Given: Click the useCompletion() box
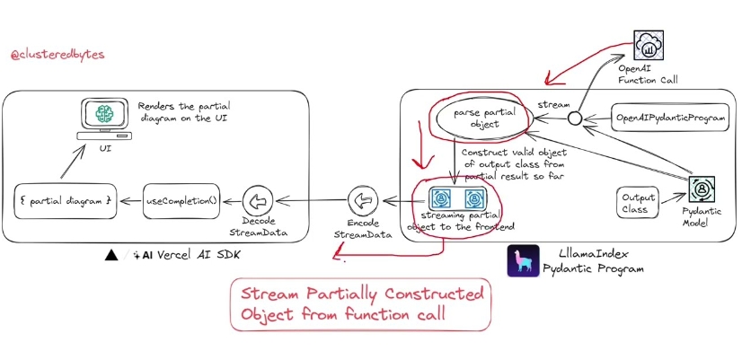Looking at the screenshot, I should (181, 198).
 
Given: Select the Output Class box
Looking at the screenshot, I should (635, 203).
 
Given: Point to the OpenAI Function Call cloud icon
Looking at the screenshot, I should (649, 46).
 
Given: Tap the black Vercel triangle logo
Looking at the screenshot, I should (111, 255).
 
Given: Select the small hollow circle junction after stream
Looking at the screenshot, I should (576, 119).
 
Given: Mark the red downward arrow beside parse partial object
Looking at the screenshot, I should (417, 153).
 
